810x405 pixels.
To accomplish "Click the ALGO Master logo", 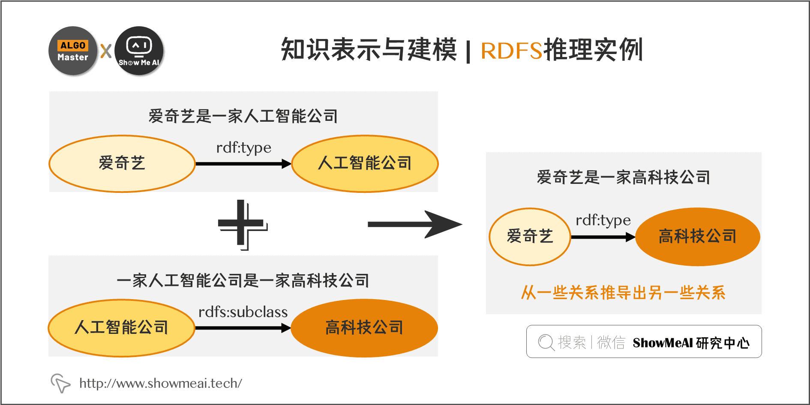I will click(73, 51).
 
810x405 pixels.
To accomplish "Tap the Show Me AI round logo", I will click(139, 51).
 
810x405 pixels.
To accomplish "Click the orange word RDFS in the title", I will click(511, 51).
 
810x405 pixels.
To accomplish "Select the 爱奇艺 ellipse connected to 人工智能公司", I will click(122, 164).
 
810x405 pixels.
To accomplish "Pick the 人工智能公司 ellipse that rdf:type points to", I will click(365, 164).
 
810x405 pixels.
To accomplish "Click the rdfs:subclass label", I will click(243, 312).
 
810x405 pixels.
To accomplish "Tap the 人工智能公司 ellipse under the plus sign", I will click(122, 328).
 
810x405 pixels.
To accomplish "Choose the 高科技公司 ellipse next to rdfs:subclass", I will click(364, 328).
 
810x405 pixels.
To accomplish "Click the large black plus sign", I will click(242, 224).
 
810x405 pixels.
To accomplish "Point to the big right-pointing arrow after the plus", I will click(414, 224).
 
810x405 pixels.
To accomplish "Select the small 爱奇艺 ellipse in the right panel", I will click(530, 237).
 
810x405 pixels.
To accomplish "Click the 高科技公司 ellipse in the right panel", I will click(697, 237).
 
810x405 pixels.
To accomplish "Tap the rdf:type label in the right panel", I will click(603, 220).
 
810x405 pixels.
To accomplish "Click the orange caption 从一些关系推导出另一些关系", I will click(623, 293).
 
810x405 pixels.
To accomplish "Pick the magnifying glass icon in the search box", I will click(546, 342).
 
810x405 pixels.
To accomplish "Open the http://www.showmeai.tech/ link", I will click(161, 383).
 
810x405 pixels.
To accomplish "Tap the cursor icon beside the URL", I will click(60, 383).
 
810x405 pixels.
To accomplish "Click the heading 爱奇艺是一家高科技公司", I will click(624, 177).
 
